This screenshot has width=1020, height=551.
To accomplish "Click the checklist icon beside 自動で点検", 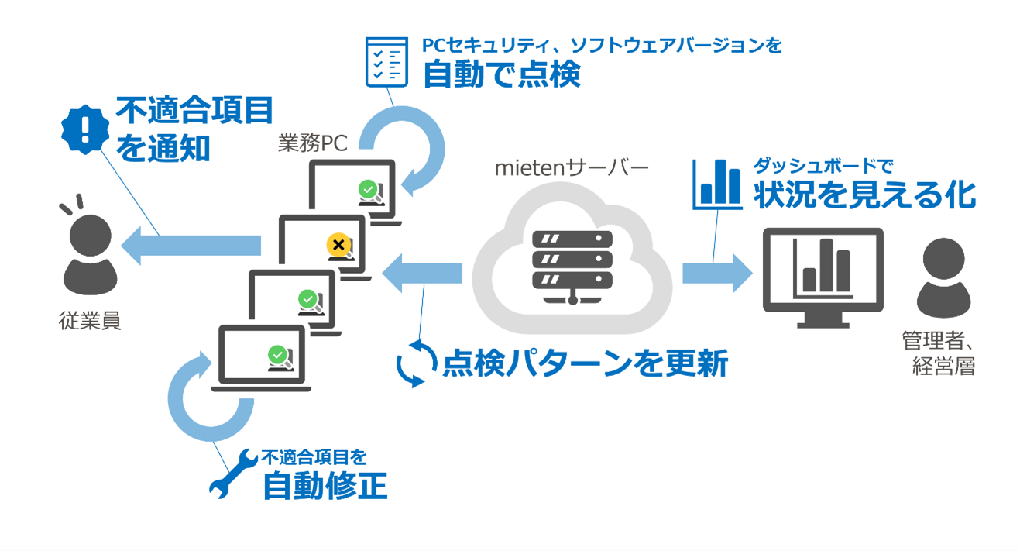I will (386, 61).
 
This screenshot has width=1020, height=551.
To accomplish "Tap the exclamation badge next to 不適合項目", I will (83, 129).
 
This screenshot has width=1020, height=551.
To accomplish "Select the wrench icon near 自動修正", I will (233, 472).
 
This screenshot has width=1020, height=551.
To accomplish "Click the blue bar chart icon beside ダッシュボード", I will (716, 184).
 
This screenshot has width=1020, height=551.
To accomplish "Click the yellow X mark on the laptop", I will (337, 245).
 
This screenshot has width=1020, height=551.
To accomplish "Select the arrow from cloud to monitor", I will (716, 274).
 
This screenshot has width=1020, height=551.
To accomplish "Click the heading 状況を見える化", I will (864, 195).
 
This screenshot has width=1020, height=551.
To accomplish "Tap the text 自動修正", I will (325, 486).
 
